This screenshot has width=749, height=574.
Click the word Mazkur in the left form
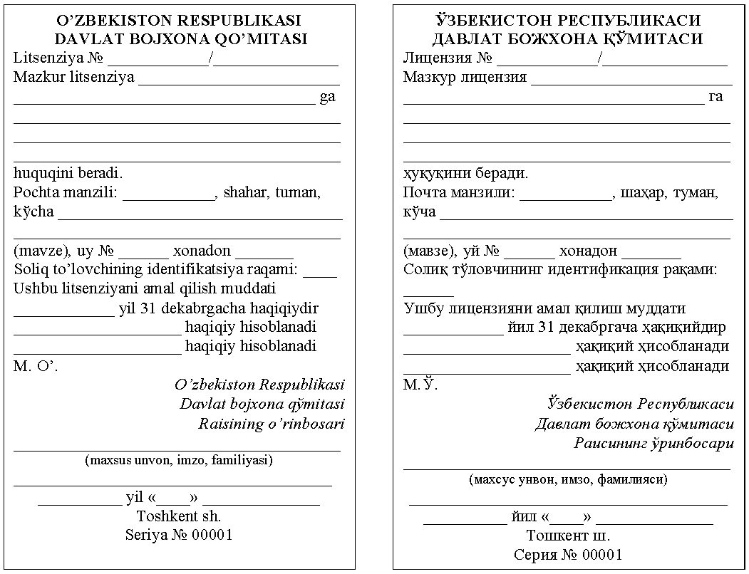tap(37, 78)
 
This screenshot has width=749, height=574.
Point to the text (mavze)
tap(36, 251)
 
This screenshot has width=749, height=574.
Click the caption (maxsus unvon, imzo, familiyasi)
tap(178, 460)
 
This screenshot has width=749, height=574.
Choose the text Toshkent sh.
tap(178, 516)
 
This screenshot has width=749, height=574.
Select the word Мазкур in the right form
tap(429, 78)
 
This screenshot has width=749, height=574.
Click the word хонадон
tap(588, 251)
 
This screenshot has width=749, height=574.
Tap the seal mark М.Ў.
tap(420, 385)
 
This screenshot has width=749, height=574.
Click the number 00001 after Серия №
tap(603, 554)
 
